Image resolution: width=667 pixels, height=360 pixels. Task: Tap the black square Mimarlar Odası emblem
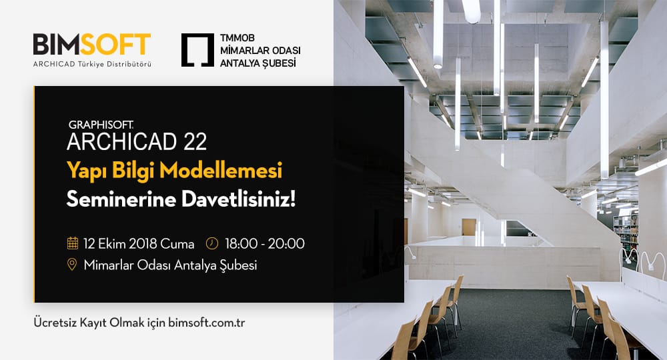197,50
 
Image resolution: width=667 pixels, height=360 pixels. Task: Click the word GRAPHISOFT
101,125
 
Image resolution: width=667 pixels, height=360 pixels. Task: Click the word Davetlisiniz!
239,199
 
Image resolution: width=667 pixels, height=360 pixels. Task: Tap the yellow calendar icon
73,243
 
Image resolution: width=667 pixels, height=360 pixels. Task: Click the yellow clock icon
212,243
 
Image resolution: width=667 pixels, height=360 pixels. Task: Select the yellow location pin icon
72,265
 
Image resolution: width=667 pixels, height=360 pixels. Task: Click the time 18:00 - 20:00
265,243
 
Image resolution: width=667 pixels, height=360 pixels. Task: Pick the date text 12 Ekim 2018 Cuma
139,243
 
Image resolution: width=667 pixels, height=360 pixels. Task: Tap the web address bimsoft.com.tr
206,322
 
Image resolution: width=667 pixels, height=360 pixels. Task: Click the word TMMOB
237,38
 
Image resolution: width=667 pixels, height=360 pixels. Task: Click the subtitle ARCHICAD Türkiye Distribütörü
92,64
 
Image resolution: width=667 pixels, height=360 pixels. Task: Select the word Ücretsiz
55,322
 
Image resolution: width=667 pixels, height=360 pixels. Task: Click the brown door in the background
468,227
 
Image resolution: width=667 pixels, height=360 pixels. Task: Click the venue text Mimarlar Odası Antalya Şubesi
170,265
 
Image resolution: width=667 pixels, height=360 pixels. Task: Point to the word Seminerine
121,199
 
